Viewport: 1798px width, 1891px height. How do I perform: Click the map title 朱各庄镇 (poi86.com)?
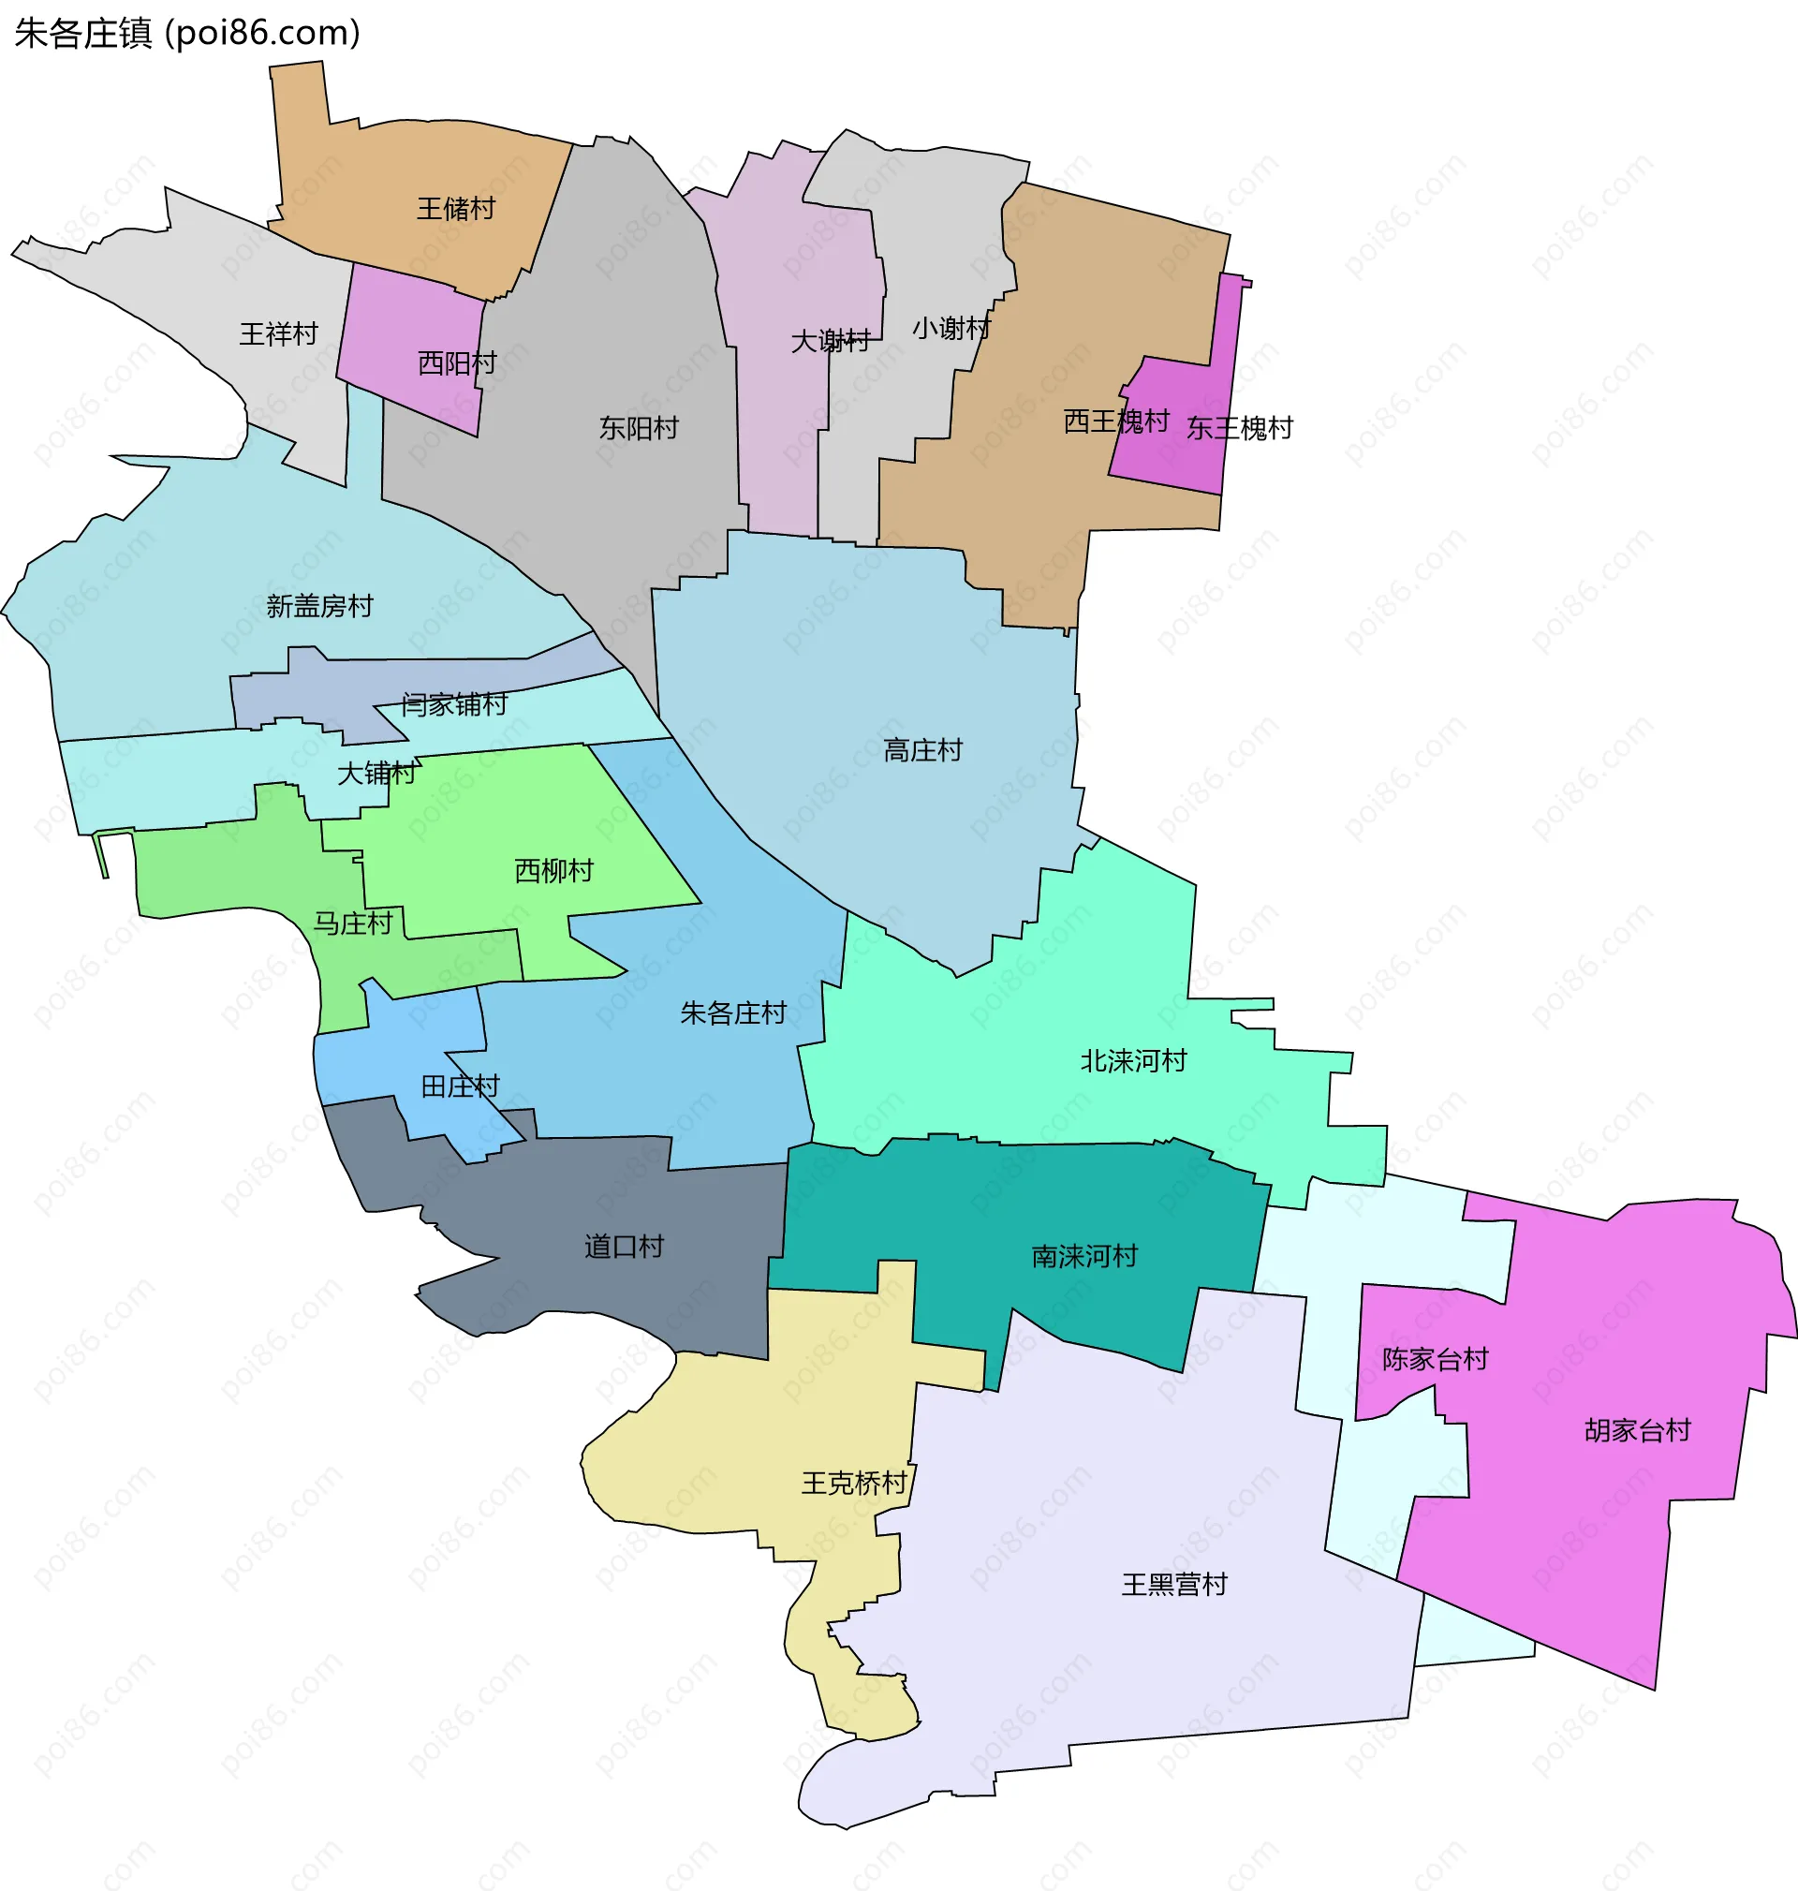(x=188, y=34)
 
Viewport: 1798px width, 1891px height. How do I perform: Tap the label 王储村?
(x=455, y=209)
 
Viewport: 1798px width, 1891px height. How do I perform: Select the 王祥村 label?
(x=278, y=333)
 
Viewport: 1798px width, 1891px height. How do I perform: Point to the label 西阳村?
(x=457, y=363)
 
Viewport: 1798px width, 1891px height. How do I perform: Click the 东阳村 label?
(x=639, y=427)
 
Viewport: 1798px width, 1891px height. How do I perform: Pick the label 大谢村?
(x=830, y=341)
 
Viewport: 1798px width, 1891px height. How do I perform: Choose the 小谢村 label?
(x=951, y=329)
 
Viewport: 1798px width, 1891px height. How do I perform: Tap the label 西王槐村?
(x=1115, y=421)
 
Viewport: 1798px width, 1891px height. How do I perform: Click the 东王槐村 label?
(x=1239, y=427)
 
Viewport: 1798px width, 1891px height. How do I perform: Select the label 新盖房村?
(x=319, y=606)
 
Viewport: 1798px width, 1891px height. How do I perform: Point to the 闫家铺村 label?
(x=453, y=704)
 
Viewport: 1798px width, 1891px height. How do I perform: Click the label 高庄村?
(x=922, y=749)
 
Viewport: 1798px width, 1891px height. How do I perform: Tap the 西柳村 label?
(x=554, y=870)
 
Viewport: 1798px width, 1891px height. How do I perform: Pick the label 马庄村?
(x=353, y=923)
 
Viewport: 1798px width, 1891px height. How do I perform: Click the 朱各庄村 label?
(x=733, y=1012)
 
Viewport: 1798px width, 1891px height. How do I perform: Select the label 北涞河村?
(x=1133, y=1060)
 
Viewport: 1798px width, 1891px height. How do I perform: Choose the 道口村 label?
(x=624, y=1246)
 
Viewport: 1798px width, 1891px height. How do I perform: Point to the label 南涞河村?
(x=1084, y=1256)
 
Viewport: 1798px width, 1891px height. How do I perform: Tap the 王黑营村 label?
(x=1174, y=1585)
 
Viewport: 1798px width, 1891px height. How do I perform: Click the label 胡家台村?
(x=1637, y=1430)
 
